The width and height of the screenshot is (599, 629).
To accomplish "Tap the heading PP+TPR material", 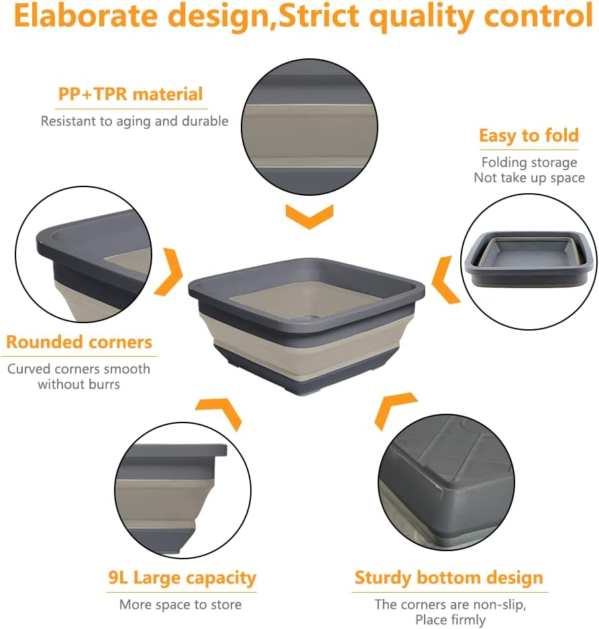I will click(130, 94).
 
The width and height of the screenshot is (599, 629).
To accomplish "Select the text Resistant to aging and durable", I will click(135, 121).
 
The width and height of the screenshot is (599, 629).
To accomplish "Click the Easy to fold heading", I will click(529, 136).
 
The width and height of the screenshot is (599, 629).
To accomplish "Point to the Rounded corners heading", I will click(79, 343).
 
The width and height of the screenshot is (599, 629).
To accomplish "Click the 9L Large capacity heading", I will click(182, 577).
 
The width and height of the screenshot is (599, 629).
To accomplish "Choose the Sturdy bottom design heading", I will click(449, 578).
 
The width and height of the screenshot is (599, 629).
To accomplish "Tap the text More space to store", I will click(180, 605).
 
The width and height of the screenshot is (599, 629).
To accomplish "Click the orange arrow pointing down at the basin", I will click(309, 217).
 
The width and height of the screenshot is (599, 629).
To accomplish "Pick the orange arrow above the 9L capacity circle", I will click(219, 411).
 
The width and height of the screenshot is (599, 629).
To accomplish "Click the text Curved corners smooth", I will click(79, 369).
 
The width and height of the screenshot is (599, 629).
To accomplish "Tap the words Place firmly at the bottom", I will click(450, 620).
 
